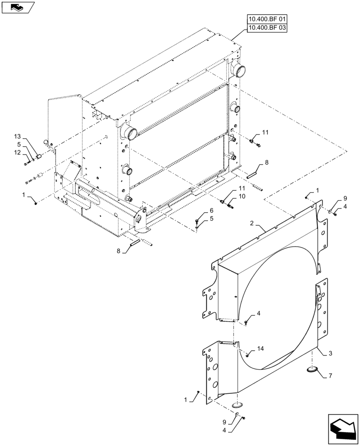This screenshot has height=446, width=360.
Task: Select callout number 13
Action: tap(16, 136)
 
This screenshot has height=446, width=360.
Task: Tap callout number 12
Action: tap(16, 153)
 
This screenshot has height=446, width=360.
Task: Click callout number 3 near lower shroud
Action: tap(330, 353)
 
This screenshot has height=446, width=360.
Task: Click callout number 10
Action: tap(241, 197)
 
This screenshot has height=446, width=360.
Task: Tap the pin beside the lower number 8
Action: tap(135, 244)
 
